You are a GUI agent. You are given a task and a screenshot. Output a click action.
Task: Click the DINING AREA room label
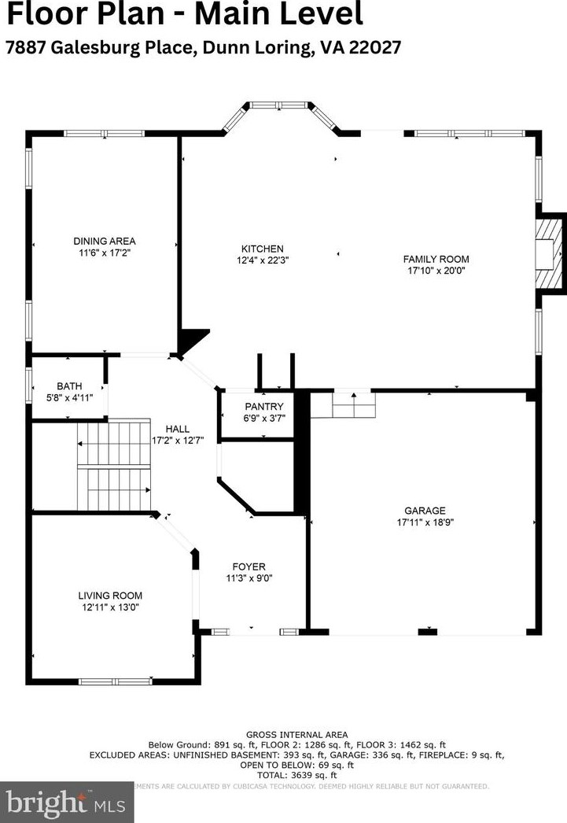coord(105,241)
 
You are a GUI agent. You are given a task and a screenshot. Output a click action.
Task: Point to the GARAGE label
coord(425,511)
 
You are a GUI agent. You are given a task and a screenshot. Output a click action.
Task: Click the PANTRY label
coord(258,407)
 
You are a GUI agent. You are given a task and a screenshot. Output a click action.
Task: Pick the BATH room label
coord(69,386)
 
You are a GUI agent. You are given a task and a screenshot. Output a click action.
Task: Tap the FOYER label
coord(249,567)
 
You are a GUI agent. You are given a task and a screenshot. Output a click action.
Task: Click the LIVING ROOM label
coord(110,596)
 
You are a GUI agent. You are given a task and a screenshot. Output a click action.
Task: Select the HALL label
coord(177,429)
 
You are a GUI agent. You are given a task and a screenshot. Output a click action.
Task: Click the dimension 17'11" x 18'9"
coord(425,522)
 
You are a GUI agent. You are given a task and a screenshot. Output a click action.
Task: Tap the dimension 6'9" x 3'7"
coord(258,418)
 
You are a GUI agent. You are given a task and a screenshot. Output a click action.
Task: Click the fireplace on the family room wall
coord(550,253)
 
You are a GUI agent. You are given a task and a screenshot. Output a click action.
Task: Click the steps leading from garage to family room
coord(353,406)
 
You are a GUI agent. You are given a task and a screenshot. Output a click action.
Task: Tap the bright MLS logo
coord(67,802)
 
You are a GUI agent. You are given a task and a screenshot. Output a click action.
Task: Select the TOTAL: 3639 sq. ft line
coord(296,775)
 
